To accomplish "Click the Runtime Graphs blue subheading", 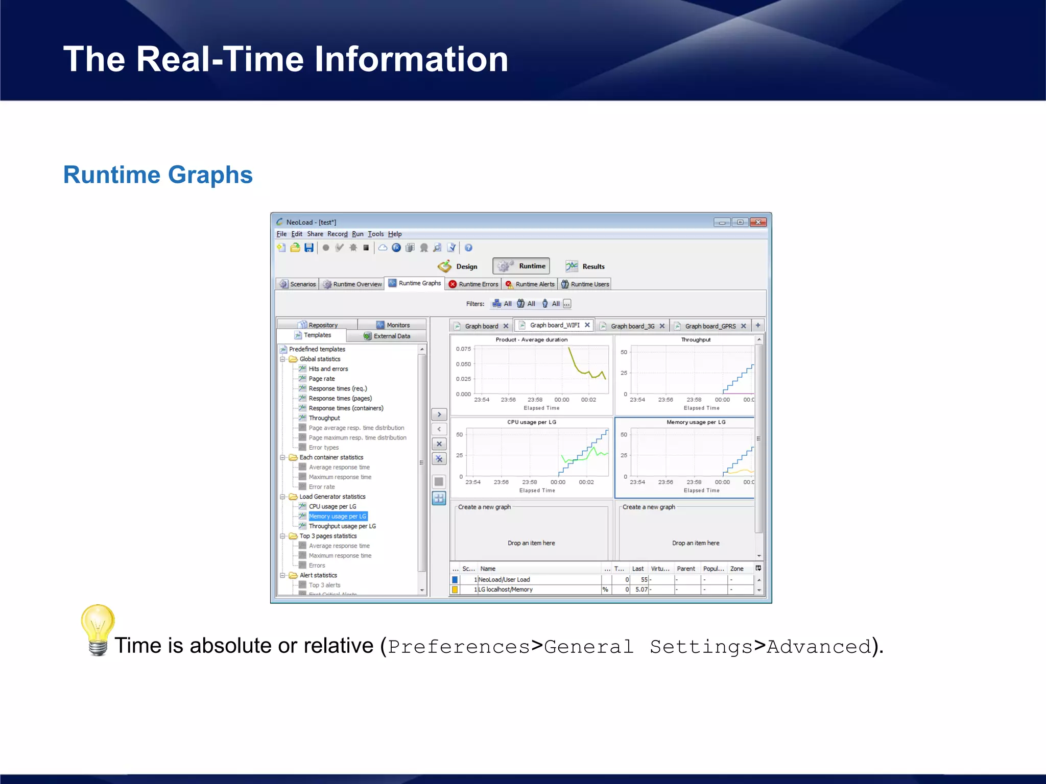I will tap(158, 175).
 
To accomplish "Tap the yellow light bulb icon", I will tap(98, 629).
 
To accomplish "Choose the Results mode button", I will tap(585, 266).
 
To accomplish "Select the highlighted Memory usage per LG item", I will tap(337, 517).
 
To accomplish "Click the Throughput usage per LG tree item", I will tap(342, 526).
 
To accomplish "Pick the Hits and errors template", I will tap(328, 369).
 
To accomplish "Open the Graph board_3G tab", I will tap(632, 326).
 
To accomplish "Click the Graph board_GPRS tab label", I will tap(710, 326).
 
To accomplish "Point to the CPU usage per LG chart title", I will tap(531, 422).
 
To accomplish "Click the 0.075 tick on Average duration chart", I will tap(463, 349).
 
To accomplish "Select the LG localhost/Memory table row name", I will tap(505, 590).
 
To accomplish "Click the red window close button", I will tap(758, 222).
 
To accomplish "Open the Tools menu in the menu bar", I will tap(375, 234).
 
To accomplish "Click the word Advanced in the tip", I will tap(819, 647).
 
